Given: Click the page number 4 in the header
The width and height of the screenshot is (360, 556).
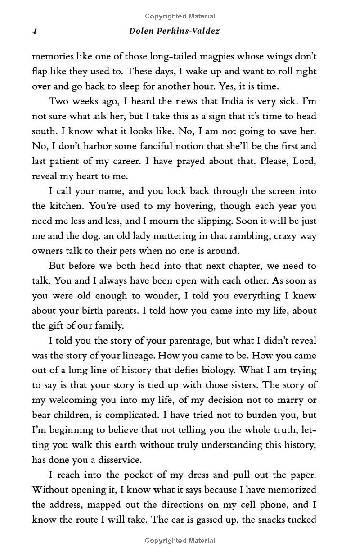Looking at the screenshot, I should pos(34,32).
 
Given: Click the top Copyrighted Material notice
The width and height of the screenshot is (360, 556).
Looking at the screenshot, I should pos(180,16).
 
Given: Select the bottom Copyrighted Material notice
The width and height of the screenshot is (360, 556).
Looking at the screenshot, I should pos(180,541).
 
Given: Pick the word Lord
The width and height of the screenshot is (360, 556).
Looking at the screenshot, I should pos(304,161).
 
